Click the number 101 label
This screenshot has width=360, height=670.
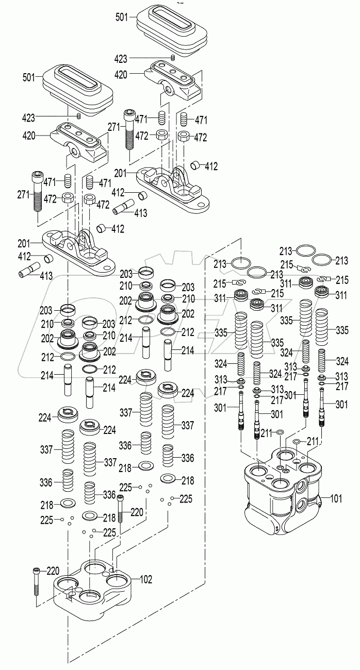pos(336,498)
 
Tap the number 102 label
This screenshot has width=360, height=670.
pos(146,579)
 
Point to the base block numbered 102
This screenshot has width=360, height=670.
pos(95,593)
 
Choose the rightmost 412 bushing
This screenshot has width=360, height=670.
pos(196,165)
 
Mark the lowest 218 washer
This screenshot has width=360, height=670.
pos(90,515)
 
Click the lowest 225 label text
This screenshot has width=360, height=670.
pos(109,532)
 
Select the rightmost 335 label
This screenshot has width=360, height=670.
pos(342,329)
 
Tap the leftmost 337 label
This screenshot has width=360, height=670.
pos(47,450)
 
